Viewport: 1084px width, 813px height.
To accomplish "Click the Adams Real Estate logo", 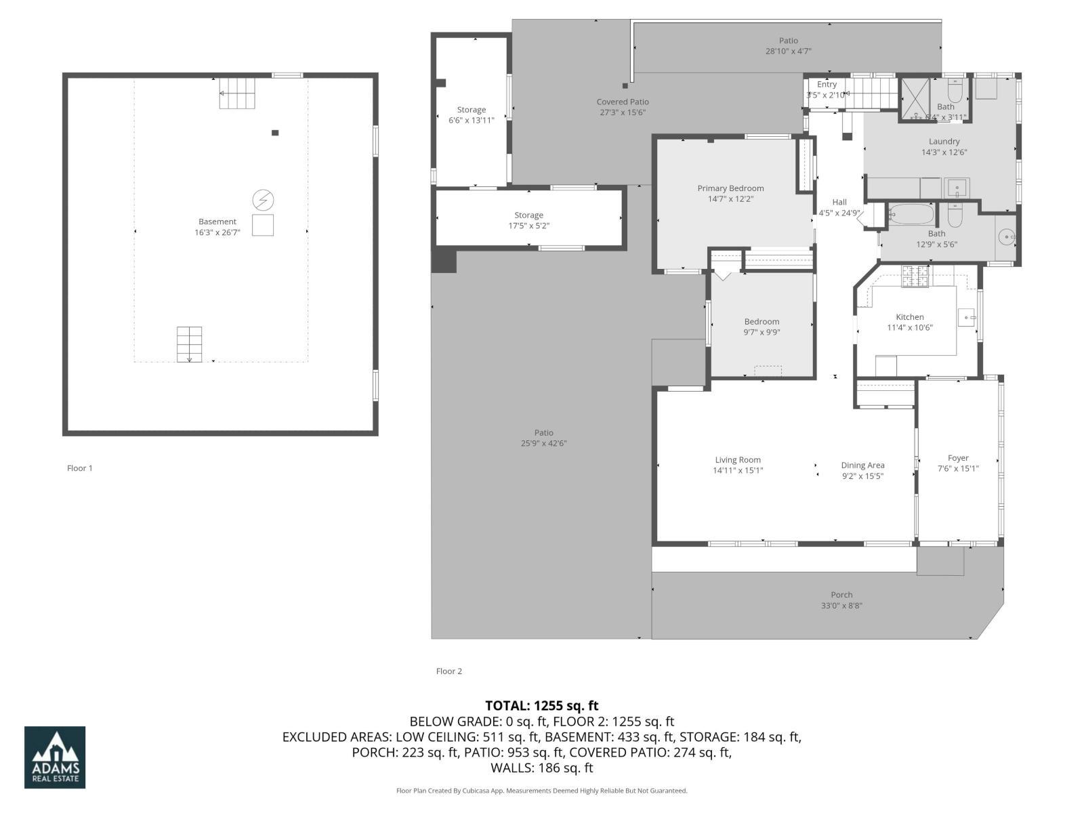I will tap(55, 757).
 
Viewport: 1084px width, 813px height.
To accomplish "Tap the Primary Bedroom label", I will tap(730, 188).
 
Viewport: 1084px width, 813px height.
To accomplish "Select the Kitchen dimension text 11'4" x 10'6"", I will tap(910, 328).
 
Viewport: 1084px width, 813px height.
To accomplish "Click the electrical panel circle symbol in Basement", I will tap(263, 200).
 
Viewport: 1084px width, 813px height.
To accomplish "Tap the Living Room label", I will tap(738, 459).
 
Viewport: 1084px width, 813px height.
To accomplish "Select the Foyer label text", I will tap(958, 458).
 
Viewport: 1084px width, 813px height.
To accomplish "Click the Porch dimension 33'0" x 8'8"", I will tap(841, 606).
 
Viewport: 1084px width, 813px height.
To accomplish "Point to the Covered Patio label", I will tap(623, 102).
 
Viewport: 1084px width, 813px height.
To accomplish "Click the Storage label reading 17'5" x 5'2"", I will tap(528, 226).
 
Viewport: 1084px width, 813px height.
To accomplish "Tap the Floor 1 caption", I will tap(80, 468).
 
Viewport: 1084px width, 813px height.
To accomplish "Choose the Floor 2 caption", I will tap(449, 671).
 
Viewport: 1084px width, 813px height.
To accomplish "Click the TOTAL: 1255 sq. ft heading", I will tap(541, 706).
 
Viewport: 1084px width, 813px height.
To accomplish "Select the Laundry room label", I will tap(944, 142).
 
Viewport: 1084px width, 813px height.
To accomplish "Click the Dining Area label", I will tap(862, 465).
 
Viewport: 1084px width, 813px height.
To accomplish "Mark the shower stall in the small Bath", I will tap(914, 100).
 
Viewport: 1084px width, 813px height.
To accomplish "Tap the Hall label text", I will tap(839, 202).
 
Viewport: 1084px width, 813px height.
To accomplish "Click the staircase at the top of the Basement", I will tap(238, 93).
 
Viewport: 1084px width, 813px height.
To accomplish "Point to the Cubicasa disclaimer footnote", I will tap(541, 791).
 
